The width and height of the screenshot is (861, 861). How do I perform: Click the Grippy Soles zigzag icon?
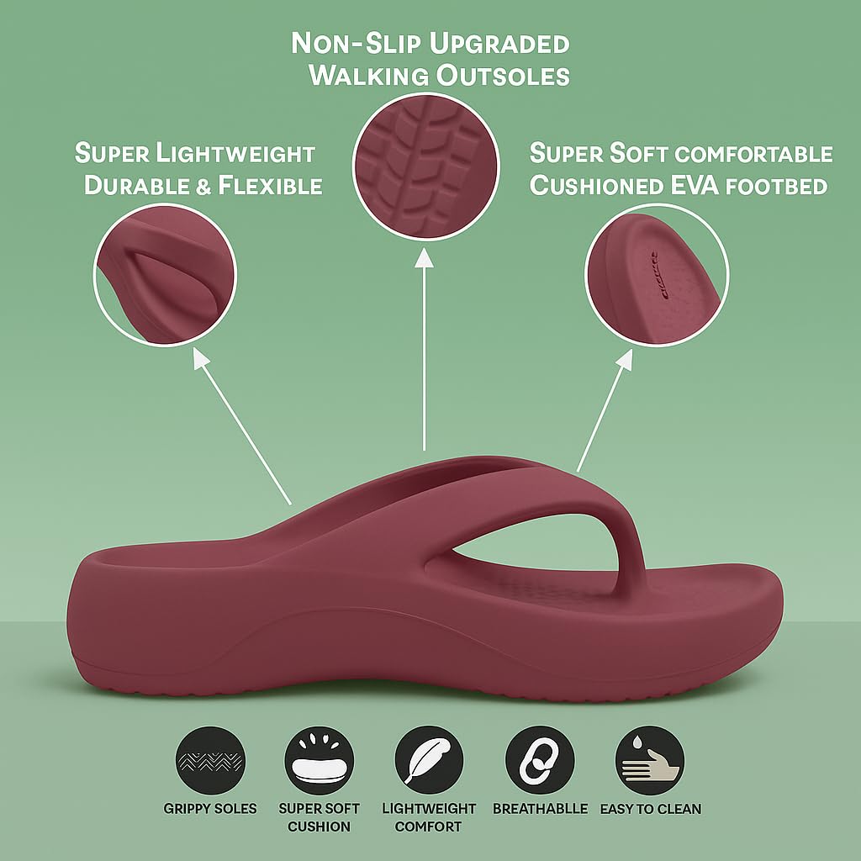pyautogui.click(x=210, y=760)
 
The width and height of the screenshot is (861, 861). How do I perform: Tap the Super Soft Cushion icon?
pyautogui.click(x=319, y=760)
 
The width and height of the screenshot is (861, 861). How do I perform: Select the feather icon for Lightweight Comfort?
pyautogui.click(x=429, y=760)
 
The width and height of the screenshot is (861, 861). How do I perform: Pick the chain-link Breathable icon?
pyautogui.click(x=540, y=760)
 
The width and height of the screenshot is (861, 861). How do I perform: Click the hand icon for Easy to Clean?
pyautogui.click(x=650, y=760)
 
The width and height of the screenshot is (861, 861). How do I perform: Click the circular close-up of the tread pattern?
pyautogui.click(x=425, y=166)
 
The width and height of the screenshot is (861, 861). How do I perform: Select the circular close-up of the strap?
pyautogui.click(x=165, y=275)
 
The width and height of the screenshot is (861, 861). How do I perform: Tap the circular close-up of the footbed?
pyautogui.click(x=657, y=275)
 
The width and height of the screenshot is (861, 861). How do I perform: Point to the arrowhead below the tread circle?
pyautogui.click(x=424, y=258)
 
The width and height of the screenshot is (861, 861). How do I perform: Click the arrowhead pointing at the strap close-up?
pyautogui.click(x=201, y=358)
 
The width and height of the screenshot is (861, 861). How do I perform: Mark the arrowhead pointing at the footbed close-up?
pyautogui.click(x=625, y=359)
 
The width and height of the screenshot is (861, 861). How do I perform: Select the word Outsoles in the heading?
pyautogui.click(x=503, y=75)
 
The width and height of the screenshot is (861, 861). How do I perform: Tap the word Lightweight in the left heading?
pyautogui.click(x=235, y=154)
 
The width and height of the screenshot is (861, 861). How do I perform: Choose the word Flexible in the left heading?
pyautogui.click(x=270, y=186)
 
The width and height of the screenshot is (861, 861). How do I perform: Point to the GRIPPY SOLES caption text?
pyautogui.click(x=210, y=809)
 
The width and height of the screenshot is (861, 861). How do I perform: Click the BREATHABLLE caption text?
pyautogui.click(x=540, y=809)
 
